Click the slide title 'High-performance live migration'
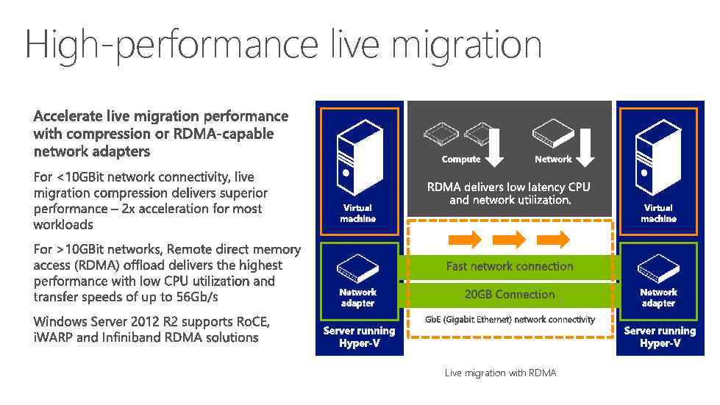coord(283,45)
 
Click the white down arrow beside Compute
coord(495,146)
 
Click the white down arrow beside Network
coord(585,146)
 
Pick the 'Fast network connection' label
coord(509,266)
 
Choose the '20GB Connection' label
coord(509,294)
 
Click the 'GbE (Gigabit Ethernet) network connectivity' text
coord(510,320)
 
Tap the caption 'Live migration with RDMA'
coord(500,373)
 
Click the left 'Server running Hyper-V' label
coord(359,337)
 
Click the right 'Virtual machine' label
coord(657,213)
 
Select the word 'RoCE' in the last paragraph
coord(252,322)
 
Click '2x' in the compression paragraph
coord(129,209)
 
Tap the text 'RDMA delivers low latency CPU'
coord(508,187)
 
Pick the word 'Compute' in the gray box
coord(460,160)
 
